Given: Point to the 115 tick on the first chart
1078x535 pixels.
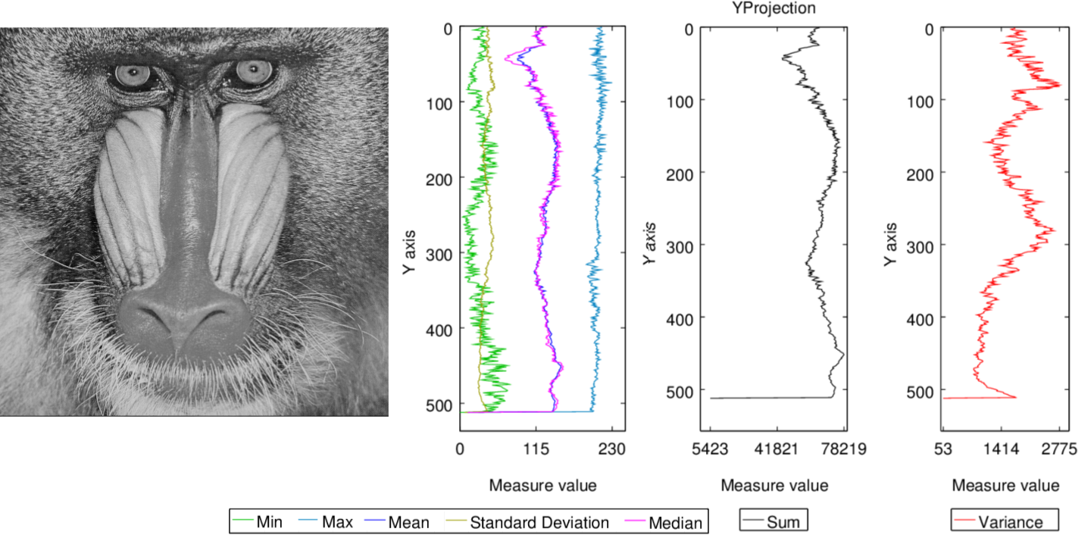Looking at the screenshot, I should (x=536, y=449).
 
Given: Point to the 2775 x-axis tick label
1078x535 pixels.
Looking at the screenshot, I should (x=1058, y=449).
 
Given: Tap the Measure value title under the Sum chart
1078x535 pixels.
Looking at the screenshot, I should (x=774, y=485).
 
